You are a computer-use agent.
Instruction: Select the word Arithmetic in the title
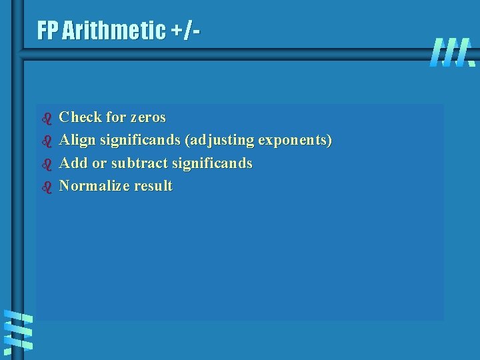[113, 30]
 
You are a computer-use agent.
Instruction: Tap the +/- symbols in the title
[189, 30]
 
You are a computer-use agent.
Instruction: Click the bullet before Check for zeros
[47, 119]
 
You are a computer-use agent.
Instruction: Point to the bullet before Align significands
[47, 141]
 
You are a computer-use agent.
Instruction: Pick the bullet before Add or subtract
[47, 164]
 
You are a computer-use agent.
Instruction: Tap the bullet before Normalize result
[47, 187]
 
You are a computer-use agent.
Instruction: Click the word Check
[81, 117]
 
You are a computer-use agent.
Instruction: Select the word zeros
[148, 117]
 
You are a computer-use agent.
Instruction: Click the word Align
[77, 140]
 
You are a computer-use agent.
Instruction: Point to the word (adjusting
[220, 141]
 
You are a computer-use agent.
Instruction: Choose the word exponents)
[295, 141]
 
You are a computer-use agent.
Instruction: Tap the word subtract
[139, 163]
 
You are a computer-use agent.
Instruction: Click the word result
[153, 185]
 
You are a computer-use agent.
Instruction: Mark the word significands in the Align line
[139, 141]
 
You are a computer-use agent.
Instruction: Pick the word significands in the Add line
[212, 163]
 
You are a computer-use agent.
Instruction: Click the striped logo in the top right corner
[453, 52]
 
